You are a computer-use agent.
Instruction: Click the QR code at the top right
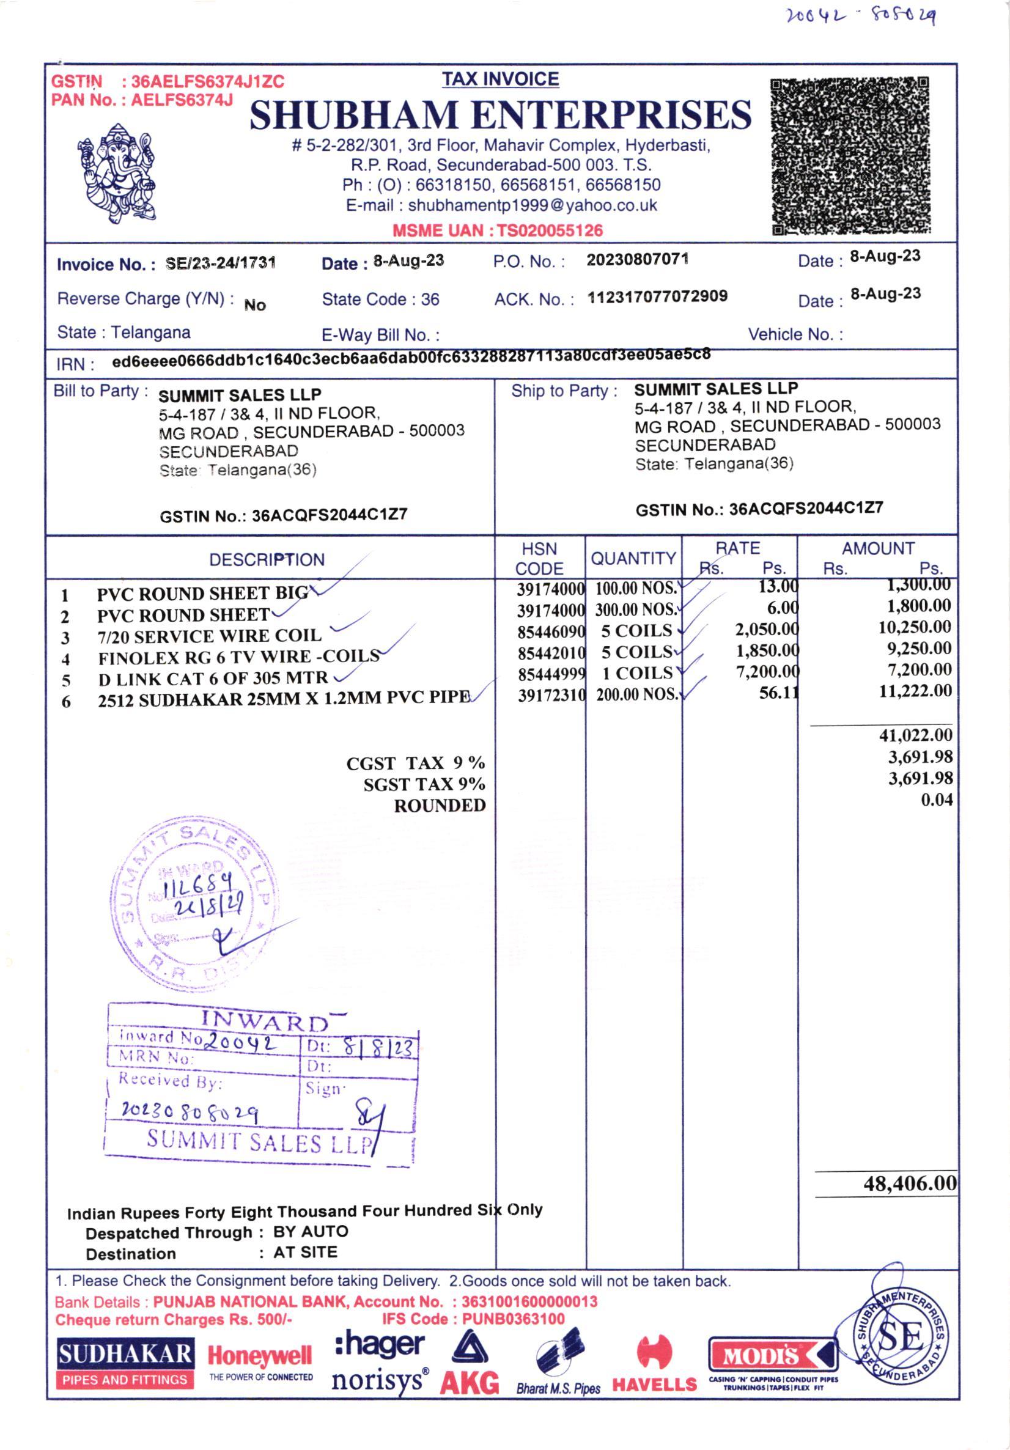[x=850, y=155]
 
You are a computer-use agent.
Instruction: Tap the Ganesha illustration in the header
[x=117, y=173]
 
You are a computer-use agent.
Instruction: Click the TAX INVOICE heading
[x=500, y=79]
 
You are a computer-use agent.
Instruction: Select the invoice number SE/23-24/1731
[x=221, y=263]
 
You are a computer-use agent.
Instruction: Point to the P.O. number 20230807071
[x=637, y=260]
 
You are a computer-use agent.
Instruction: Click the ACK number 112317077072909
[x=658, y=296]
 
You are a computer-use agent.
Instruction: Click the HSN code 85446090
[x=551, y=631]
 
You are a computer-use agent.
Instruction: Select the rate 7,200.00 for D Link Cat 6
[x=767, y=672]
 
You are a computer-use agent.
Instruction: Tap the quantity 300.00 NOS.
[x=636, y=609]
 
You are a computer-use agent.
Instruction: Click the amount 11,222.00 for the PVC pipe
[x=915, y=691]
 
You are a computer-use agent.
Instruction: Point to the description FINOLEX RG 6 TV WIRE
[x=239, y=657]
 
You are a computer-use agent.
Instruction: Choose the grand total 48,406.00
[x=910, y=1183]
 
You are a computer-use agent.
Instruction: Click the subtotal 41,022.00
[x=915, y=735]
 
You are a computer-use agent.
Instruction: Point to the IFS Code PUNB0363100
[x=513, y=1319]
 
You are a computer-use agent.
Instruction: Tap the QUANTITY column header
[x=633, y=558]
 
